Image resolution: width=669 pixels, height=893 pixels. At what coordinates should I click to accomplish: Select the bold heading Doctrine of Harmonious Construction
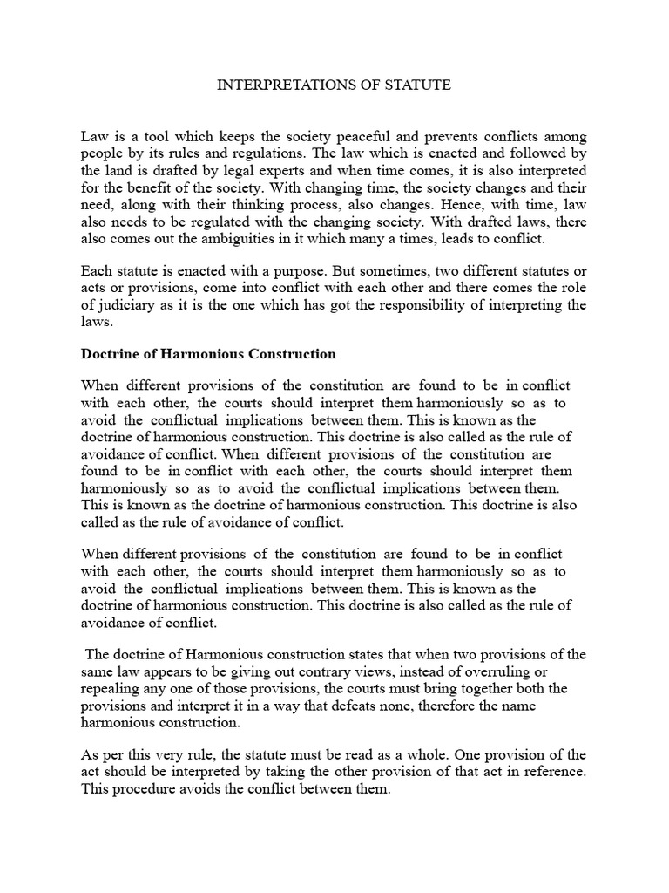tap(208, 354)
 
